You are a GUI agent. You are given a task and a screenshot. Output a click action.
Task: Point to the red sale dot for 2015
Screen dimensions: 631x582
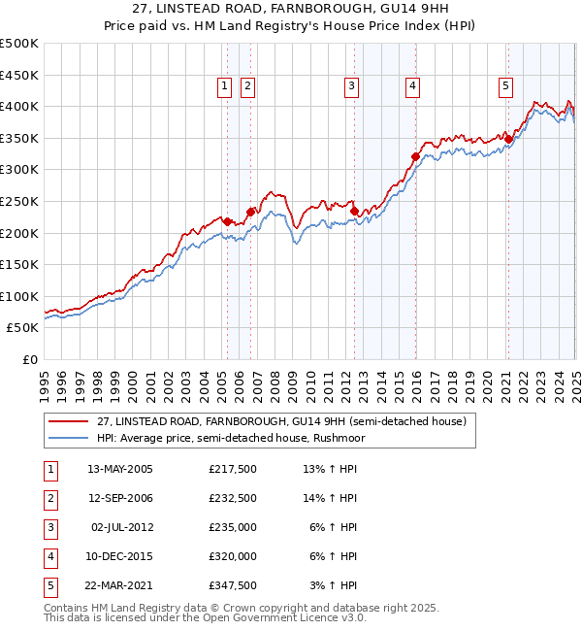tap(415, 156)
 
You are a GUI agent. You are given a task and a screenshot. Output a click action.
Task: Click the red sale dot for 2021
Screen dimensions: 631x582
tap(508, 139)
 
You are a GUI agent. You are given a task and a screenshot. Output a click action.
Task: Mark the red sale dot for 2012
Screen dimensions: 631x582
tap(354, 210)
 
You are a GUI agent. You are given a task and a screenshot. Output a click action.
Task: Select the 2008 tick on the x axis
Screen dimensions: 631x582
tap(275, 380)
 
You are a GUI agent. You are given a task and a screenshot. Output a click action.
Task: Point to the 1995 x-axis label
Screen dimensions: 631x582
tap(45, 380)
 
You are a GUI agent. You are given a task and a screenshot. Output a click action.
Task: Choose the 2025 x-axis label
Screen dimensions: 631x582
tap(575, 380)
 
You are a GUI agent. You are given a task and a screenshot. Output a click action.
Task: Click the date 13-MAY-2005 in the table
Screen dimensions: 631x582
tap(119, 470)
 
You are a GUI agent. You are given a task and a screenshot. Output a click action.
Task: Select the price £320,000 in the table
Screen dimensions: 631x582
tap(232, 556)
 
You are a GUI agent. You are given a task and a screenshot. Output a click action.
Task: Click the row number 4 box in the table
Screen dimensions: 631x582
tap(49, 556)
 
